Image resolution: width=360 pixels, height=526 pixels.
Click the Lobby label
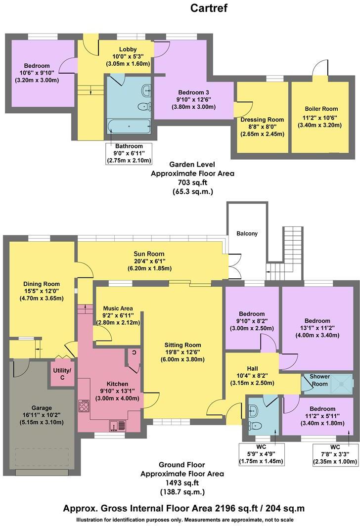click(x=128, y=48)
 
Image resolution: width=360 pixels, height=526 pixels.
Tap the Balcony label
click(x=247, y=233)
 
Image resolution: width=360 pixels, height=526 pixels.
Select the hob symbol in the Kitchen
click(x=83, y=407)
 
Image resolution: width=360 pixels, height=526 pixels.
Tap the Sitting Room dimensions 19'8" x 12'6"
click(x=182, y=352)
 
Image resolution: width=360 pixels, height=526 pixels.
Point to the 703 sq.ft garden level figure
click(x=192, y=182)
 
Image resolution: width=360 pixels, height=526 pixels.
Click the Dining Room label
click(x=42, y=284)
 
